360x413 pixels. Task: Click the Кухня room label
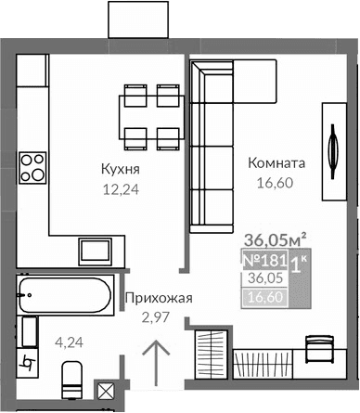tap(121, 169)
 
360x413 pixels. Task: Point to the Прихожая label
tap(158, 298)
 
